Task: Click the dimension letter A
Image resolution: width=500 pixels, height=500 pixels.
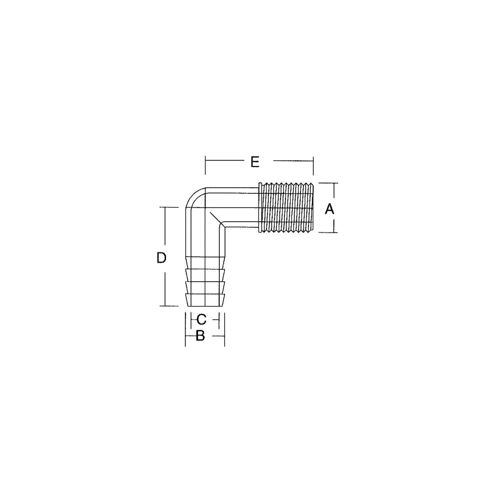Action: pyautogui.click(x=329, y=209)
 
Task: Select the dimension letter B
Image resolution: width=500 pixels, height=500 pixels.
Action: pyautogui.click(x=200, y=335)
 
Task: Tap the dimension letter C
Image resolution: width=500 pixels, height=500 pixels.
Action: pyautogui.click(x=201, y=319)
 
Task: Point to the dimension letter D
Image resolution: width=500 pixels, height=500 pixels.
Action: pyautogui.click(x=161, y=258)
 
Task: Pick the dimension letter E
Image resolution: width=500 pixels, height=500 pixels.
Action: pyautogui.click(x=255, y=162)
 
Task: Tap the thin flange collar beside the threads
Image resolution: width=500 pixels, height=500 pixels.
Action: pyautogui.click(x=260, y=207)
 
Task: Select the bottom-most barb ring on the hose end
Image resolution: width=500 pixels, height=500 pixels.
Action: pyautogui.click(x=205, y=300)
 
